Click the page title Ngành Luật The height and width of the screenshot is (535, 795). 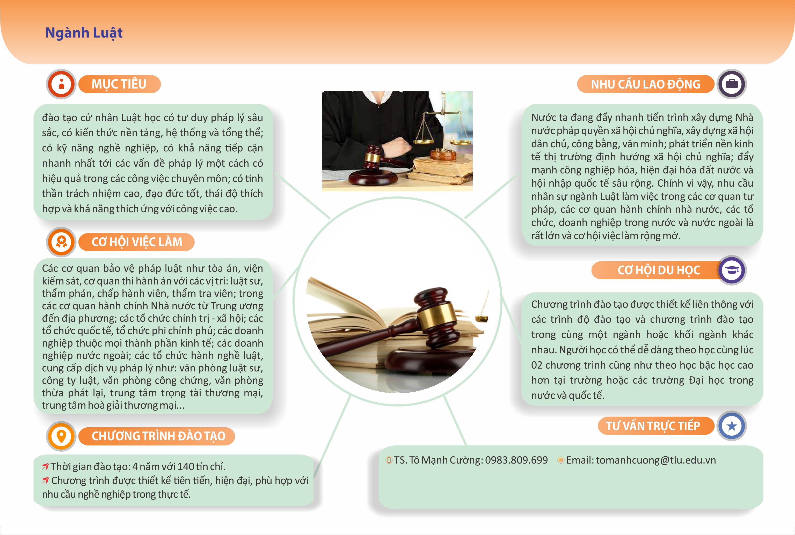(84, 33)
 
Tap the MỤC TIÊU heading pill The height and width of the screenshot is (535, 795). (119, 84)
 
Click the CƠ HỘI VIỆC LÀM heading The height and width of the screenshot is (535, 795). (136, 242)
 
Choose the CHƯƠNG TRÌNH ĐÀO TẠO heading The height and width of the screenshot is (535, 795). (157, 436)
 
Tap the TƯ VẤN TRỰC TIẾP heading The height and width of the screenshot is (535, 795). (655, 426)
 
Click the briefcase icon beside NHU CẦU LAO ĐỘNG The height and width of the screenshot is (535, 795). (732, 84)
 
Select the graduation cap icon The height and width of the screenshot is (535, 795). (732, 270)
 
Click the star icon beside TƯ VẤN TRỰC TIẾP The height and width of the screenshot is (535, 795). (732, 426)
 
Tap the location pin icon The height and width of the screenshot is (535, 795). (61, 436)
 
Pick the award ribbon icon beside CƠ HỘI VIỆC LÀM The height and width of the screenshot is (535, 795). (61, 242)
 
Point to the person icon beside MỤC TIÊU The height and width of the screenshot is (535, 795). (61, 84)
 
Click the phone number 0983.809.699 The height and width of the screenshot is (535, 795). (516, 460)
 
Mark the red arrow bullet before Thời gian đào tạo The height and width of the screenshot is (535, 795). (45, 466)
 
